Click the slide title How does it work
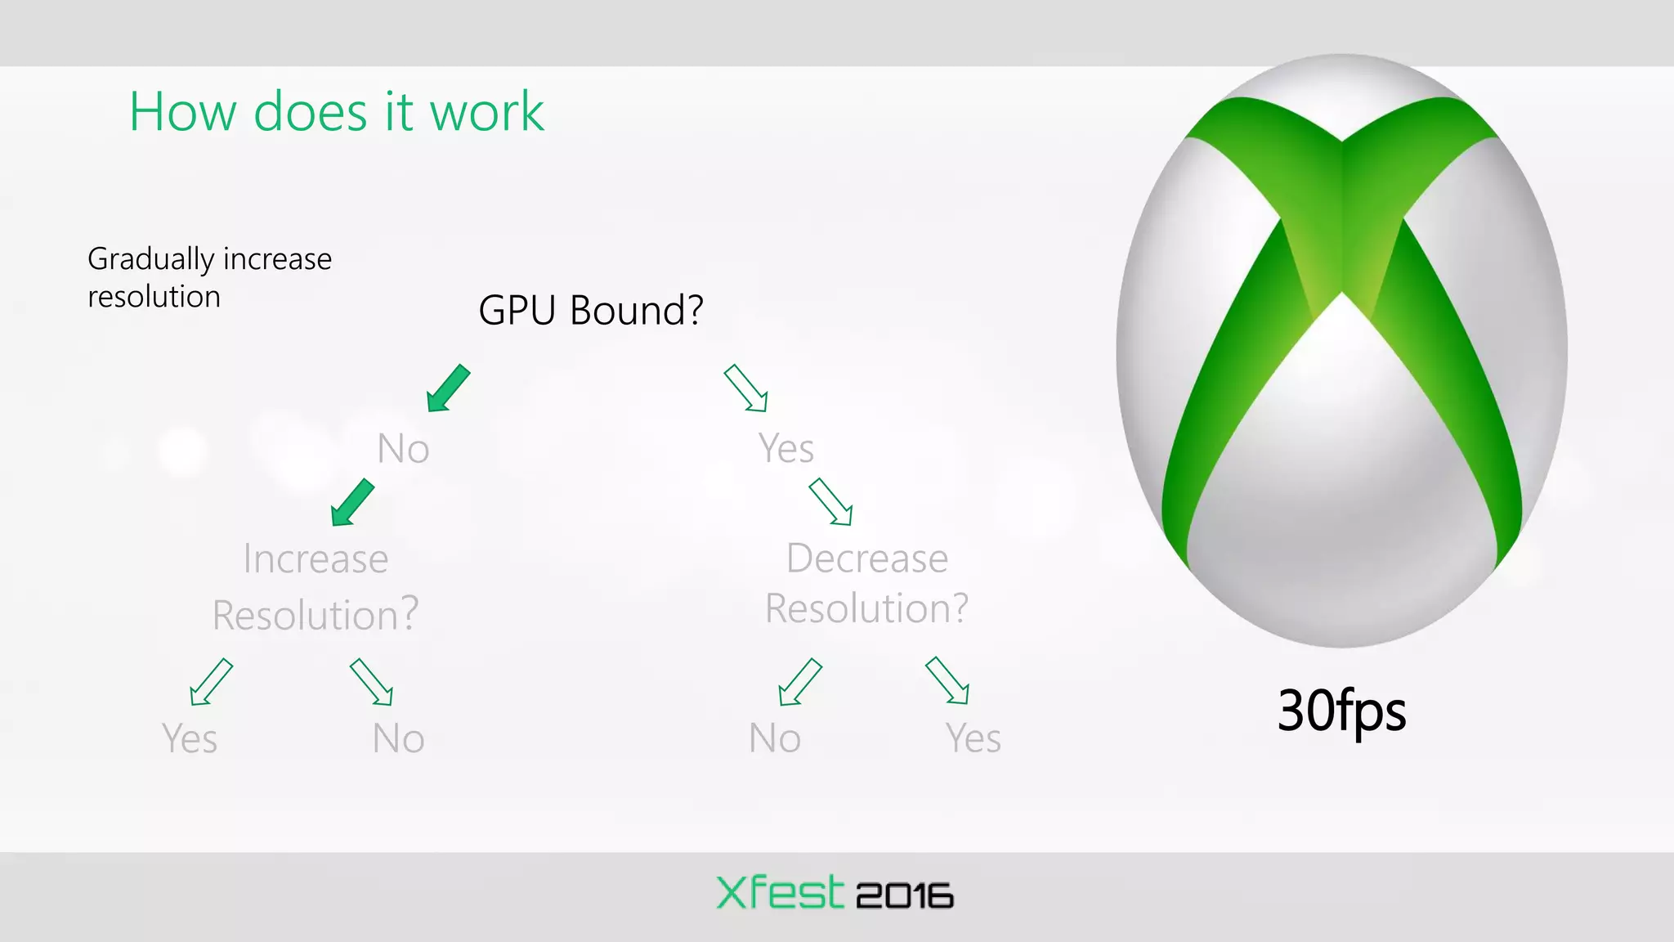click(x=336, y=111)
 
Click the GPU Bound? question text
click(x=590, y=310)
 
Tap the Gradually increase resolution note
click(x=209, y=277)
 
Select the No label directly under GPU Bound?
click(x=403, y=449)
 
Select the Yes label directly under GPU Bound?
click(x=786, y=448)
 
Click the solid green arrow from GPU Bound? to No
click(x=449, y=388)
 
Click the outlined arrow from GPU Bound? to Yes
click(x=745, y=388)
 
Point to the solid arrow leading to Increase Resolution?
click(x=352, y=502)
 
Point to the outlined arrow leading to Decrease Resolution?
click(x=830, y=501)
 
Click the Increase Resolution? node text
click(x=316, y=586)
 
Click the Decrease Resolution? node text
click(x=866, y=583)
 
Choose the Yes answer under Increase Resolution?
click(x=190, y=738)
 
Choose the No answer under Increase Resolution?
click(x=398, y=738)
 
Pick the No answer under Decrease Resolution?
click(x=774, y=738)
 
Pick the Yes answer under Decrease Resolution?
click(x=973, y=738)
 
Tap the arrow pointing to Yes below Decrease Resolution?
click(x=947, y=680)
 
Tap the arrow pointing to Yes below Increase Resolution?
click(x=211, y=681)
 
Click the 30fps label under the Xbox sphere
click(x=1341, y=711)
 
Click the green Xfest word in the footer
click(x=779, y=893)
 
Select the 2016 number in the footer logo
click(x=904, y=896)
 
